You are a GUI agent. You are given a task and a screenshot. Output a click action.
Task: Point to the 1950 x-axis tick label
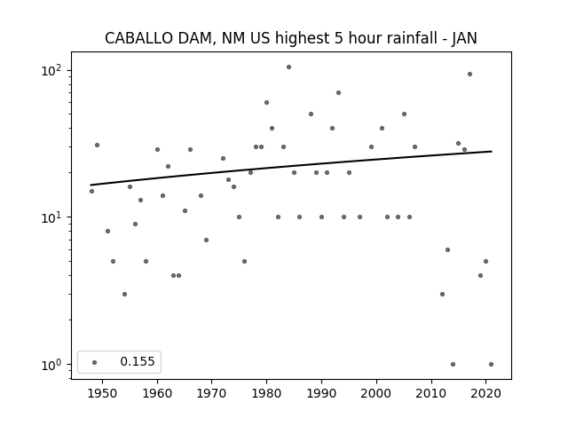103,393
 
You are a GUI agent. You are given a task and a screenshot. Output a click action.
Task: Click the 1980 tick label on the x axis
266,393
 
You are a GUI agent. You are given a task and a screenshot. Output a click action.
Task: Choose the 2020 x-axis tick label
485,393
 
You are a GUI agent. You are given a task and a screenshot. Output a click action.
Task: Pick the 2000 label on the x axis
376,393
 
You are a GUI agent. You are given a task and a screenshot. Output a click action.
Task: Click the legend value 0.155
138,361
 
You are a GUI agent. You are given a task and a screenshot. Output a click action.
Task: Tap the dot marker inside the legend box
95,362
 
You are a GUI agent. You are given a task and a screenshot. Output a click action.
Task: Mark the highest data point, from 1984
288,67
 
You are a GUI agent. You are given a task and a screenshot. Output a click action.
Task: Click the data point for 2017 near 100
469,75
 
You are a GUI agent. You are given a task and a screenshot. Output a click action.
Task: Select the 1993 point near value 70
338,92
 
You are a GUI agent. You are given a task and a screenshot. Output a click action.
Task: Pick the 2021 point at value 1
491,365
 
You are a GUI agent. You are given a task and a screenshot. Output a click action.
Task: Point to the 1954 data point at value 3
124,294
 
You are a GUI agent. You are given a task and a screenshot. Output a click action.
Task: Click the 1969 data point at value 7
206,241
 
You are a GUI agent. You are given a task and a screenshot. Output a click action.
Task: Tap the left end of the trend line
91,185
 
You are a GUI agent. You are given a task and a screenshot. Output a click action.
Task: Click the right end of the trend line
492,151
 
